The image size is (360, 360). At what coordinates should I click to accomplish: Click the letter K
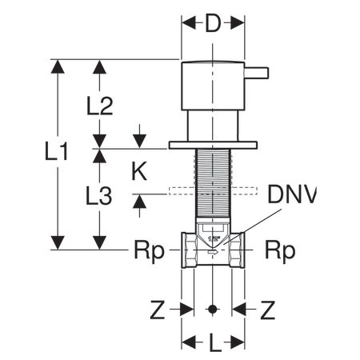(139, 170)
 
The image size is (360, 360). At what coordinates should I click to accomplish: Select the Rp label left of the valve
(148, 250)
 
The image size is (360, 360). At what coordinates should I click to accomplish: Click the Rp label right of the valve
(280, 250)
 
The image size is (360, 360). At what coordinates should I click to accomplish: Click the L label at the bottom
(213, 345)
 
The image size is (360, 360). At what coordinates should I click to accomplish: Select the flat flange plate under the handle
(213, 145)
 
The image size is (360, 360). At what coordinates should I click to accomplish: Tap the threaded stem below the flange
(213, 176)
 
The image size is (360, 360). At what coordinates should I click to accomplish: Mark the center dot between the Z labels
(213, 309)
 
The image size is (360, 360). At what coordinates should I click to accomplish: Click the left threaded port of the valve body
(190, 250)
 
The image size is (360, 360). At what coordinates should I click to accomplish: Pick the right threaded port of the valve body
(237, 250)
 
